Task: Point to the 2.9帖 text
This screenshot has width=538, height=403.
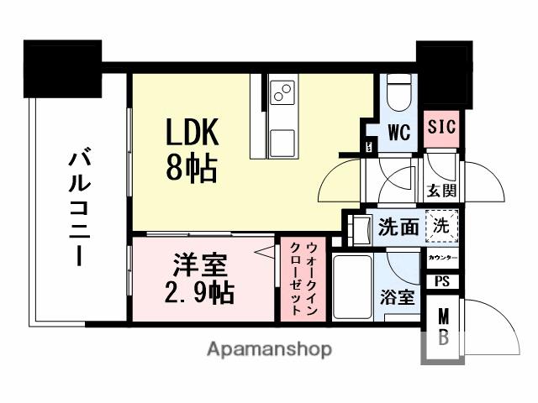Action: pyautogui.click(x=199, y=294)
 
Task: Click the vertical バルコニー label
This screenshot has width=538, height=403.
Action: pyautogui.click(x=79, y=207)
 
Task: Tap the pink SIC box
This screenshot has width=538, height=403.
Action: pyautogui.click(x=440, y=127)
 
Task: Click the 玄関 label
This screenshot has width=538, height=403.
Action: pyautogui.click(x=441, y=191)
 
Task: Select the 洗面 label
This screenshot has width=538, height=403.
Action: pyautogui.click(x=398, y=227)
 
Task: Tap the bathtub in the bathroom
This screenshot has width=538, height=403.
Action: pyautogui.click(x=351, y=287)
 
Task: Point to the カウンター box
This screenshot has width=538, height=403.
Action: pyautogui.click(x=442, y=257)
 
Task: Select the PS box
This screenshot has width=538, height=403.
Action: pyautogui.click(x=442, y=282)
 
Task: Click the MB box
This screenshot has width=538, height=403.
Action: pyautogui.click(x=442, y=328)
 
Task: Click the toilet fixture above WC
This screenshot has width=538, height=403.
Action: pyautogui.click(x=399, y=92)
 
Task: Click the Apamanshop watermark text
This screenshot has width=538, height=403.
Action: pyautogui.click(x=268, y=348)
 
